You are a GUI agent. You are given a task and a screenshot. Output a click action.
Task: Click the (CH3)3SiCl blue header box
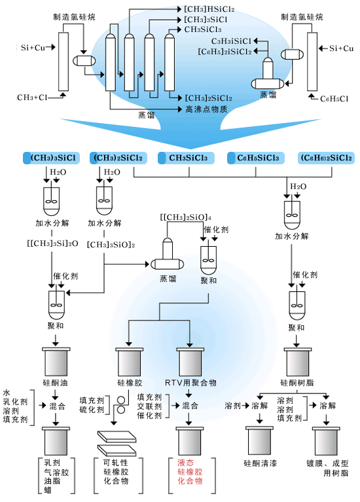tap(51, 158)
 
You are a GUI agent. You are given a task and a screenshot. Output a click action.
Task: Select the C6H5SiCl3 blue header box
tap(255, 158)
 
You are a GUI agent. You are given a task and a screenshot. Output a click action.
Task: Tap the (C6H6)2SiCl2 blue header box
tap(326, 158)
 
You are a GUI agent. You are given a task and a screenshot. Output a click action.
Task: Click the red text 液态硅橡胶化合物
tap(190, 472)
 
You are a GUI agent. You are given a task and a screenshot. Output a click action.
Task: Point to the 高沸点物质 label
tap(206, 109)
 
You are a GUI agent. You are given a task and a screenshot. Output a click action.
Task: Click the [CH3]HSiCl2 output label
tap(209, 9)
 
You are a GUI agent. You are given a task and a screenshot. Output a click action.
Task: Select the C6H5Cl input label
tap(334, 99)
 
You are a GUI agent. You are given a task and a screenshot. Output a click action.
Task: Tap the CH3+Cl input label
tap(32, 98)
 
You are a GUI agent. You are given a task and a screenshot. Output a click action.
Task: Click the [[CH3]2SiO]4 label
tap(185, 217)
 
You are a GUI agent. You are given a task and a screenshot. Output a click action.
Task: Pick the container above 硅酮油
tap(56, 361)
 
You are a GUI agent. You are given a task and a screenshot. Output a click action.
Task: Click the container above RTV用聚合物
tap(190, 362)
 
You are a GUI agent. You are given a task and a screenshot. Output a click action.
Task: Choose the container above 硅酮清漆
tap(259, 440)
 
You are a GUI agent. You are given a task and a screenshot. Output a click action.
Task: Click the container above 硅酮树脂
tap(298, 362)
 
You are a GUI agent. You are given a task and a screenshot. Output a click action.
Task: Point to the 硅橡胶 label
tap(130, 383)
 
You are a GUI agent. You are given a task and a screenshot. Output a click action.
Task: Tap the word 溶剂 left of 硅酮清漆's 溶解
tap(232, 406)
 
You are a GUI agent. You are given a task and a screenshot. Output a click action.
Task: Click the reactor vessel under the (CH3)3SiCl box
tap(52, 201)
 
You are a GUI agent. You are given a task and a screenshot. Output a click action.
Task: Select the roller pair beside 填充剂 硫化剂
tap(120, 405)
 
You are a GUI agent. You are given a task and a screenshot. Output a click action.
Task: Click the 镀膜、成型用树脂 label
tap(328, 468)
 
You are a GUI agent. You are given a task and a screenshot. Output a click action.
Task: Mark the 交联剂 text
tap(149, 406)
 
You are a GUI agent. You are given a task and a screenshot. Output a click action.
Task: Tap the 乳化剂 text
tap(15, 401)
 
